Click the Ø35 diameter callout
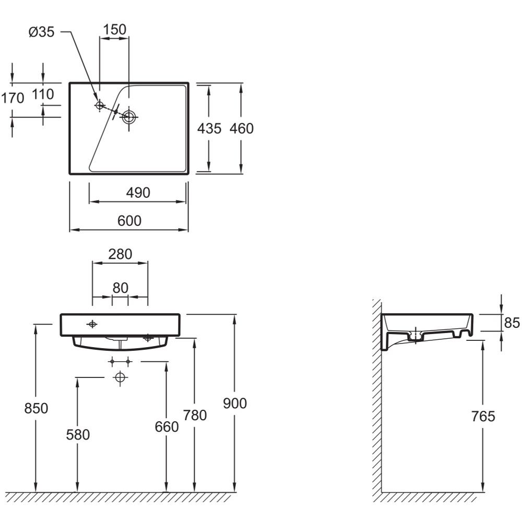click(x=41, y=32)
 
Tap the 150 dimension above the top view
click(x=114, y=29)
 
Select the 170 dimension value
click(x=13, y=98)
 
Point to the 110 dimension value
click(x=43, y=94)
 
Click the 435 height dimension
click(x=209, y=128)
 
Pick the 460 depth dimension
click(x=242, y=128)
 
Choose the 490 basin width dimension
click(x=138, y=193)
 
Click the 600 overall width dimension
click(x=129, y=221)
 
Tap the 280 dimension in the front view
click(x=120, y=254)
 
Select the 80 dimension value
click(x=121, y=287)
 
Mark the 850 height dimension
click(x=36, y=408)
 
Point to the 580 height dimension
click(x=78, y=434)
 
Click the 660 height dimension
click(x=167, y=426)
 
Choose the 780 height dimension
click(x=195, y=415)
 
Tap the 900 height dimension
click(x=235, y=403)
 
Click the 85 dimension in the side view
click(x=512, y=323)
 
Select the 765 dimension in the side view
click(x=483, y=416)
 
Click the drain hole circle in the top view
click(x=128, y=117)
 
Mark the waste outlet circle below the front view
click(x=120, y=377)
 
